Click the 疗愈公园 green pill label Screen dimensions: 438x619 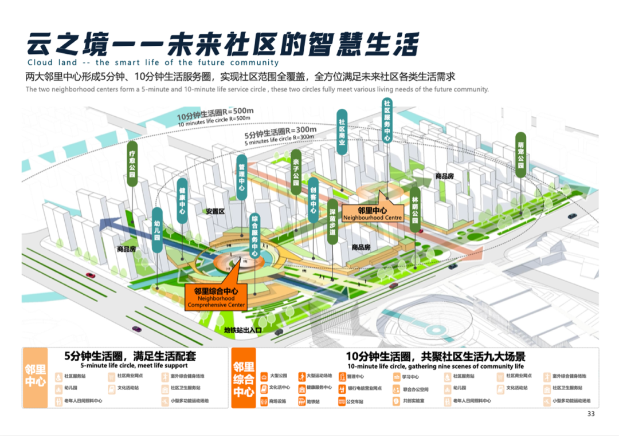pos(132,163)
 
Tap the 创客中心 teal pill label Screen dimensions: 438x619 pos(314,199)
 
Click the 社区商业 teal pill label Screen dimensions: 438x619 pos(342,133)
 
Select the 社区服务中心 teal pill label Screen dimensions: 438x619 pos(387,122)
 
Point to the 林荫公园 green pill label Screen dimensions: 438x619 pos(415,211)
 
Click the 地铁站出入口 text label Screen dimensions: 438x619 pos(242,330)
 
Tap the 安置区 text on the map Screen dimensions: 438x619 pos(214,211)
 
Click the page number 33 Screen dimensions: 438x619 pos(591,414)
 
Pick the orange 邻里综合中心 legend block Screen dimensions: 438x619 pos(244,379)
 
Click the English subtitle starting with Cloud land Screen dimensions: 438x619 pos(153,62)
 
